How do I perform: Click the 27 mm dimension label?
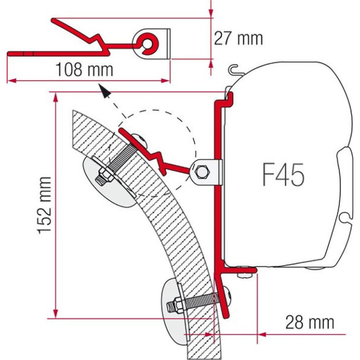(x=238, y=39)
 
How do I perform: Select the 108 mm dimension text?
(x=84, y=69)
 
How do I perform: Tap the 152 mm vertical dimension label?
(x=44, y=205)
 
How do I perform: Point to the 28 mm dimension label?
(x=310, y=322)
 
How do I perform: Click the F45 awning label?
(x=283, y=174)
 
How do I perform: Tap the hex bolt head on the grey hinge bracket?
(x=202, y=172)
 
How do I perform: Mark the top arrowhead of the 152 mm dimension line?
(x=55, y=98)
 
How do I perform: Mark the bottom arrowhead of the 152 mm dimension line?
(x=55, y=313)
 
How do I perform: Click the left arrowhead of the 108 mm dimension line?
(x=12, y=81)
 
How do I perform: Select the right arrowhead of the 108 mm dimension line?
(x=165, y=81)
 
